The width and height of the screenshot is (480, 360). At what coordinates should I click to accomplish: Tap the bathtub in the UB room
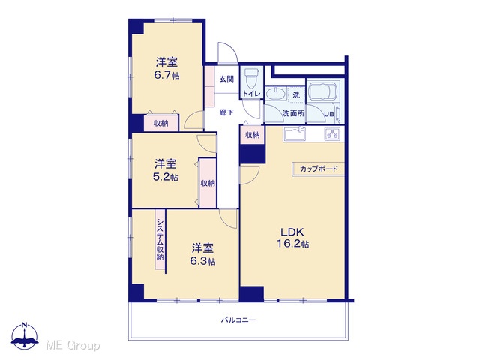(322, 91)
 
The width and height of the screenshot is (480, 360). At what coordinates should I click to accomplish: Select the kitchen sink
(295, 133)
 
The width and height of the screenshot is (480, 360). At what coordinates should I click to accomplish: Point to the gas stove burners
(332, 133)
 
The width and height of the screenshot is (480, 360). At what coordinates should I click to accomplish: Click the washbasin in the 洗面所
(277, 93)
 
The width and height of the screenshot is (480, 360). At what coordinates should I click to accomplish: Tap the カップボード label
(319, 169)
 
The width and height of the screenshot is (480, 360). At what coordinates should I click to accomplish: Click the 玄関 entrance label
(226, 79)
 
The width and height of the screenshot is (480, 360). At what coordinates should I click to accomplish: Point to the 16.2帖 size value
(292, 244)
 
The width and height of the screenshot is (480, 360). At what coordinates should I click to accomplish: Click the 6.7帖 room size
(166, 75)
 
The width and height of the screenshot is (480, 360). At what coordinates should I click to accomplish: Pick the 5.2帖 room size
(165, 177)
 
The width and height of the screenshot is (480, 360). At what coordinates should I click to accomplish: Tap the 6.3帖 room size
(202, 261)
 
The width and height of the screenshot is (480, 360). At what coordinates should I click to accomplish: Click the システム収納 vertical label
(160, 239)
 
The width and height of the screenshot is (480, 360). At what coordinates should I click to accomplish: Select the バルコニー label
(238, 320)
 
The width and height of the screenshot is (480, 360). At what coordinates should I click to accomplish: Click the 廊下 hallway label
(226, 112)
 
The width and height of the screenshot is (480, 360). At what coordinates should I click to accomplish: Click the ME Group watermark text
(73, 345)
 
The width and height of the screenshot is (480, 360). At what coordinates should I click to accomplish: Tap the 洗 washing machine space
(296, 94)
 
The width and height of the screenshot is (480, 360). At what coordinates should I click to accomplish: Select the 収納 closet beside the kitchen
(252, 135)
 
